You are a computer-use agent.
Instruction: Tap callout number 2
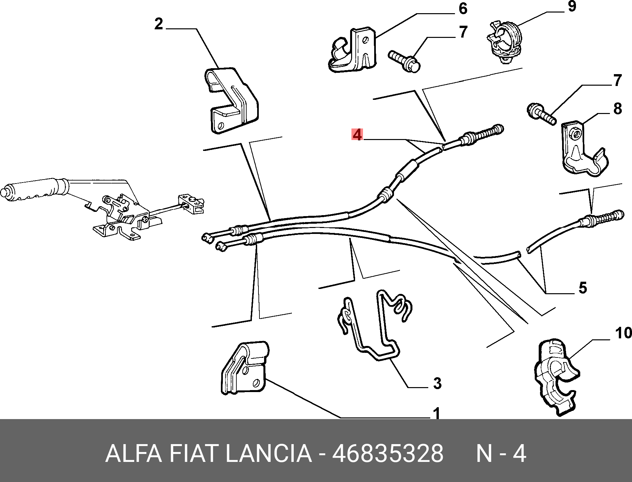pos(159,24)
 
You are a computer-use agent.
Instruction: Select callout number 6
pos(463,9)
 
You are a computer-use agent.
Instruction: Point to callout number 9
pos(572,6)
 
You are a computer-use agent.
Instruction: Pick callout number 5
pos(583,288)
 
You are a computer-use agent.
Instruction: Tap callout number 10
pos(623,333)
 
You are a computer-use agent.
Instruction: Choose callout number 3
pos(437,383)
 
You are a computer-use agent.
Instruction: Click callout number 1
pos(436,413)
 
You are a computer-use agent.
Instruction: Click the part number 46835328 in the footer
pos(388,454)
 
